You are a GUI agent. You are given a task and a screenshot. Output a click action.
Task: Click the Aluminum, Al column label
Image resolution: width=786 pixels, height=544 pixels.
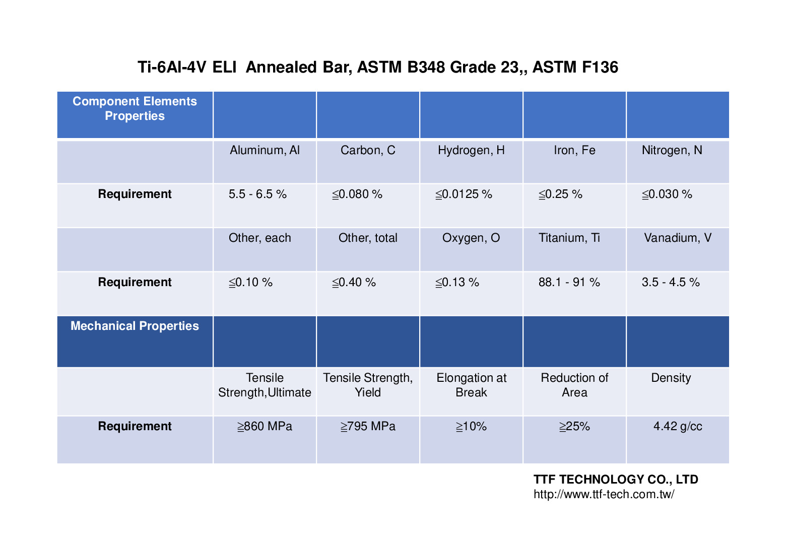[265, 150]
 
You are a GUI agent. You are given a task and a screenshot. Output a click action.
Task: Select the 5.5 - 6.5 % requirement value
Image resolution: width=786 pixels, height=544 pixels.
[257, 194]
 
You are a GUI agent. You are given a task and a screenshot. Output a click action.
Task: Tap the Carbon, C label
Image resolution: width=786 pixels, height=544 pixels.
[368, 150]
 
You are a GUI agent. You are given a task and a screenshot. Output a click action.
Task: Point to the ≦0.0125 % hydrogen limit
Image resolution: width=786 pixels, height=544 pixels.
[464, 194]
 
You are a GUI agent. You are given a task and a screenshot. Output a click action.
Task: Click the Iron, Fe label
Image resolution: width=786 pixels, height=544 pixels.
[574, 150]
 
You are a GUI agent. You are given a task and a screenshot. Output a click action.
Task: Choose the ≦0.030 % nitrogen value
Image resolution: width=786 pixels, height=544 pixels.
[667, 194]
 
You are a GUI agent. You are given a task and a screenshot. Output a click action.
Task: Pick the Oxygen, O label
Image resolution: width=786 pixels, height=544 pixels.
[471, 238]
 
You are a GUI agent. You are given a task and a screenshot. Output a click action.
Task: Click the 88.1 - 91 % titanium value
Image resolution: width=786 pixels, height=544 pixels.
[569, 282]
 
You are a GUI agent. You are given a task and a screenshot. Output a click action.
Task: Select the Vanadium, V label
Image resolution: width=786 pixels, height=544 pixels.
[678, 238]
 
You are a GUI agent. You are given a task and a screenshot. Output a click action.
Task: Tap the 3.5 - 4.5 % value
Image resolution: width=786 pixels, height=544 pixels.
[671, 282]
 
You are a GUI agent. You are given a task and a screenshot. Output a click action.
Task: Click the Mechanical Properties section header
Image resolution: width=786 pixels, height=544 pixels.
[135, 326]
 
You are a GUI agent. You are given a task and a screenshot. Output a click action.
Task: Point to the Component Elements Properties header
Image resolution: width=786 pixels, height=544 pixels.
[135, 108]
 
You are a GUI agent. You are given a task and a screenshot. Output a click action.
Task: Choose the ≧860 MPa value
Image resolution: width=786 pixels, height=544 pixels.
[265, 427]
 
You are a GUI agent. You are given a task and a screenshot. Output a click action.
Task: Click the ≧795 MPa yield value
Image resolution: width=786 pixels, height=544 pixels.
[368, 427]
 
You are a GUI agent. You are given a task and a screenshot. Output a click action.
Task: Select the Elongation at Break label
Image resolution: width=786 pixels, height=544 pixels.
[471, 385]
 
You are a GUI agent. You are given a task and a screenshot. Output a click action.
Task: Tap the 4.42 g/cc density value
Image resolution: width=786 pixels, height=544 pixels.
[678, 427]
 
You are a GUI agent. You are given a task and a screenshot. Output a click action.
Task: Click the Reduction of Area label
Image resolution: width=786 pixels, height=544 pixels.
[574, 385]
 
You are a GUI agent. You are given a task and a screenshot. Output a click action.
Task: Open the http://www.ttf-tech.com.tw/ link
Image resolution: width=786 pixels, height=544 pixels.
[604, 494]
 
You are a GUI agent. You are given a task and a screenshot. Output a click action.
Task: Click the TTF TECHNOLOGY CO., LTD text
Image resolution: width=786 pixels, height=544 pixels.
[616, 479]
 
